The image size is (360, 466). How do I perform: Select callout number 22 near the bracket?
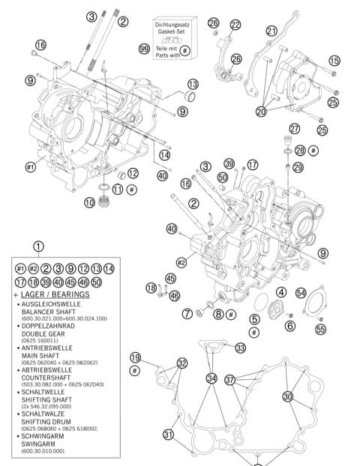235,25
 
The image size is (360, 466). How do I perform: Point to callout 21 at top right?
271,31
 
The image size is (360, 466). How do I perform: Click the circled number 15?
334,61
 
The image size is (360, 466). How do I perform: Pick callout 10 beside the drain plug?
89,202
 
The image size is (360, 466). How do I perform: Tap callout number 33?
240,348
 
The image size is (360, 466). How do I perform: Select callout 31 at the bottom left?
169,435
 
